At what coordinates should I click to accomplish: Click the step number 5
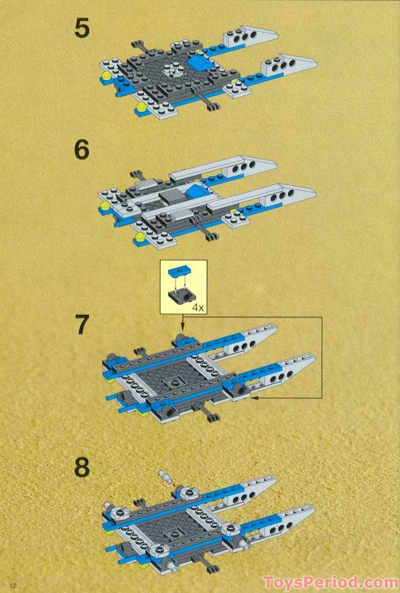coord(82,31)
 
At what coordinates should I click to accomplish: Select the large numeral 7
coord(82,325)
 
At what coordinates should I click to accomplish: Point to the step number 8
coord(82,467)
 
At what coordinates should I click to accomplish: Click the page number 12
coord(12,584)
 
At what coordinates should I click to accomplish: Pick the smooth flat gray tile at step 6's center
coord(172,197)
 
